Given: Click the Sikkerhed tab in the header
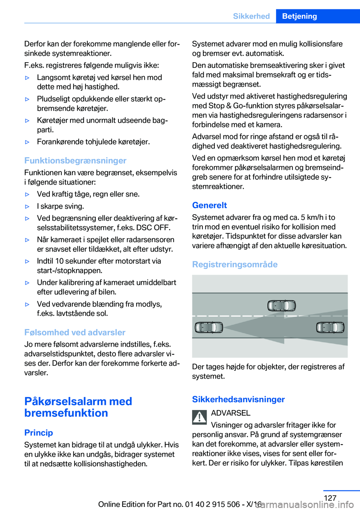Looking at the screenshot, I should (x=251, y=16).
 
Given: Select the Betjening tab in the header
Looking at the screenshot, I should (x=299, y=16).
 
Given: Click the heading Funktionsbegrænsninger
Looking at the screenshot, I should (x=75, y=161).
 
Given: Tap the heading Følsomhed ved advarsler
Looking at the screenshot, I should (x=75, y=332).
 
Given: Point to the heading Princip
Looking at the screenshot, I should (x=39, y=433).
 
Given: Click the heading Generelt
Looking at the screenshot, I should (x=209, y=205).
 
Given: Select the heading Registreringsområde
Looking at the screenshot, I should (x=235, y=265).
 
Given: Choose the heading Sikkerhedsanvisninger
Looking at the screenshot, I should (x=238, y=399).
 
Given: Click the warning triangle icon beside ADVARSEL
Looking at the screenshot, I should (x=199, y=417).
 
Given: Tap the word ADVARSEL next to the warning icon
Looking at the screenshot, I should (x=231, y=413).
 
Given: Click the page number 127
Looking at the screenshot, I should (x=330, y=498).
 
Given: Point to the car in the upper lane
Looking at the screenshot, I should (x=281, y=306).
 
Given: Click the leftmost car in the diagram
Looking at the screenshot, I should (x=209, y=328).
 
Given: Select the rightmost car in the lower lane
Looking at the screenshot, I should (x=330, y=328).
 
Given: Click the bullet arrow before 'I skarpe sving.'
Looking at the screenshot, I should (x=27, y=206).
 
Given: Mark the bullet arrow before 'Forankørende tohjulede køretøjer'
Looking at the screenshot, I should (x=27, y=142).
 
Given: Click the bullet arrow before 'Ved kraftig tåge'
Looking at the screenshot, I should (x=27, y=194).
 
